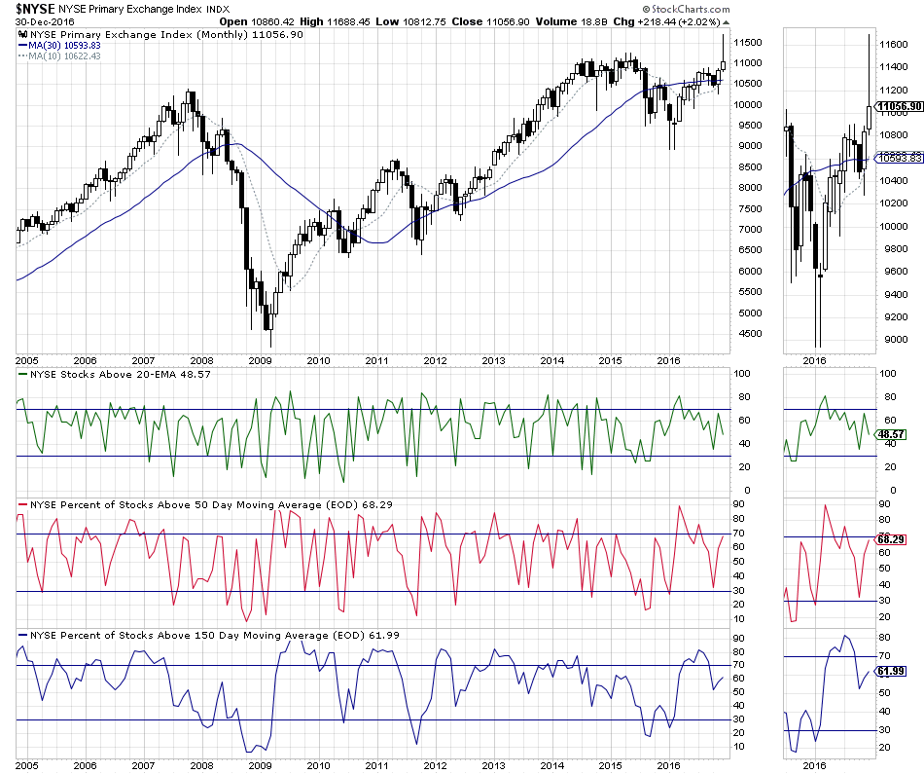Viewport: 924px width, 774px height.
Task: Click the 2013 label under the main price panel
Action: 493,359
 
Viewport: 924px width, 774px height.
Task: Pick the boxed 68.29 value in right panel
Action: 894,538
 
